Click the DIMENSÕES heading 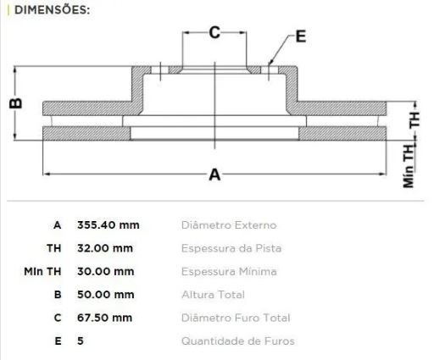pos(53,10)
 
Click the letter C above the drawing pos(214,32)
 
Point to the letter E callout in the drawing pos(301,36)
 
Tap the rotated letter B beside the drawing pos(16,103)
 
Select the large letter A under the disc pos(214,174)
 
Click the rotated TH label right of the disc pos(415,119)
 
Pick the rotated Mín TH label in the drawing pos(409,166)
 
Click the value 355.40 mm pos(108,225)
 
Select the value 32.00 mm pos(105,248)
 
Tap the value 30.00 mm pos(106,271)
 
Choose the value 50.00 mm pos(106,295)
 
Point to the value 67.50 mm pos(104,318)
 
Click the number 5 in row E pos(81,341)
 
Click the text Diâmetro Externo pos(229,225)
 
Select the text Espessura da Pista pos(231,248)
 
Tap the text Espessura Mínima pos(229,271)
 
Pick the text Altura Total pos(213,295)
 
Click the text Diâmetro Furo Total pos(236,318)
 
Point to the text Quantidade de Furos pos(238,341)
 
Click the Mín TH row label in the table pos(42,271)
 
